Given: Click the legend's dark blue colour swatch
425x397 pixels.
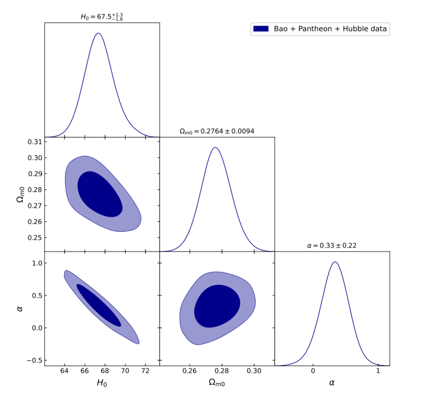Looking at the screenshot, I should (261, 29).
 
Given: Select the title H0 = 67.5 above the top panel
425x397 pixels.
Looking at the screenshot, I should (102, 17).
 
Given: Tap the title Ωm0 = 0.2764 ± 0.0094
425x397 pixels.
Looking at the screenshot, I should (217, 131).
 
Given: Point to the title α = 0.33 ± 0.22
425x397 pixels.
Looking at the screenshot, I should (332, 245).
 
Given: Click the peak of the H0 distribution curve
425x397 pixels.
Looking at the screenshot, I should (98, 33).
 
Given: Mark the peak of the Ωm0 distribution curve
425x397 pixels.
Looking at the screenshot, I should (215, 148).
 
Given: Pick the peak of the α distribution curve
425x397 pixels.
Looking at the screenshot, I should (334, 262).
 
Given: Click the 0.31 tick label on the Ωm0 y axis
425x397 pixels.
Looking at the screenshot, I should (33, 142).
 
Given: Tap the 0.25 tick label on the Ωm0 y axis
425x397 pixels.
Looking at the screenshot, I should (33, 237).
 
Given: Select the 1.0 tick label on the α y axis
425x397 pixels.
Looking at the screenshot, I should (36, 263).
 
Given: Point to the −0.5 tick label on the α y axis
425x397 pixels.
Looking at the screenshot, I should (33, 360).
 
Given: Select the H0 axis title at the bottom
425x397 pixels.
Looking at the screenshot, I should (102, 383).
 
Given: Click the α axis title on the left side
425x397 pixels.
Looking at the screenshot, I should (20, 309).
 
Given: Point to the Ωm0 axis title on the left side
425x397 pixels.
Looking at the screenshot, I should (20, 194).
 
